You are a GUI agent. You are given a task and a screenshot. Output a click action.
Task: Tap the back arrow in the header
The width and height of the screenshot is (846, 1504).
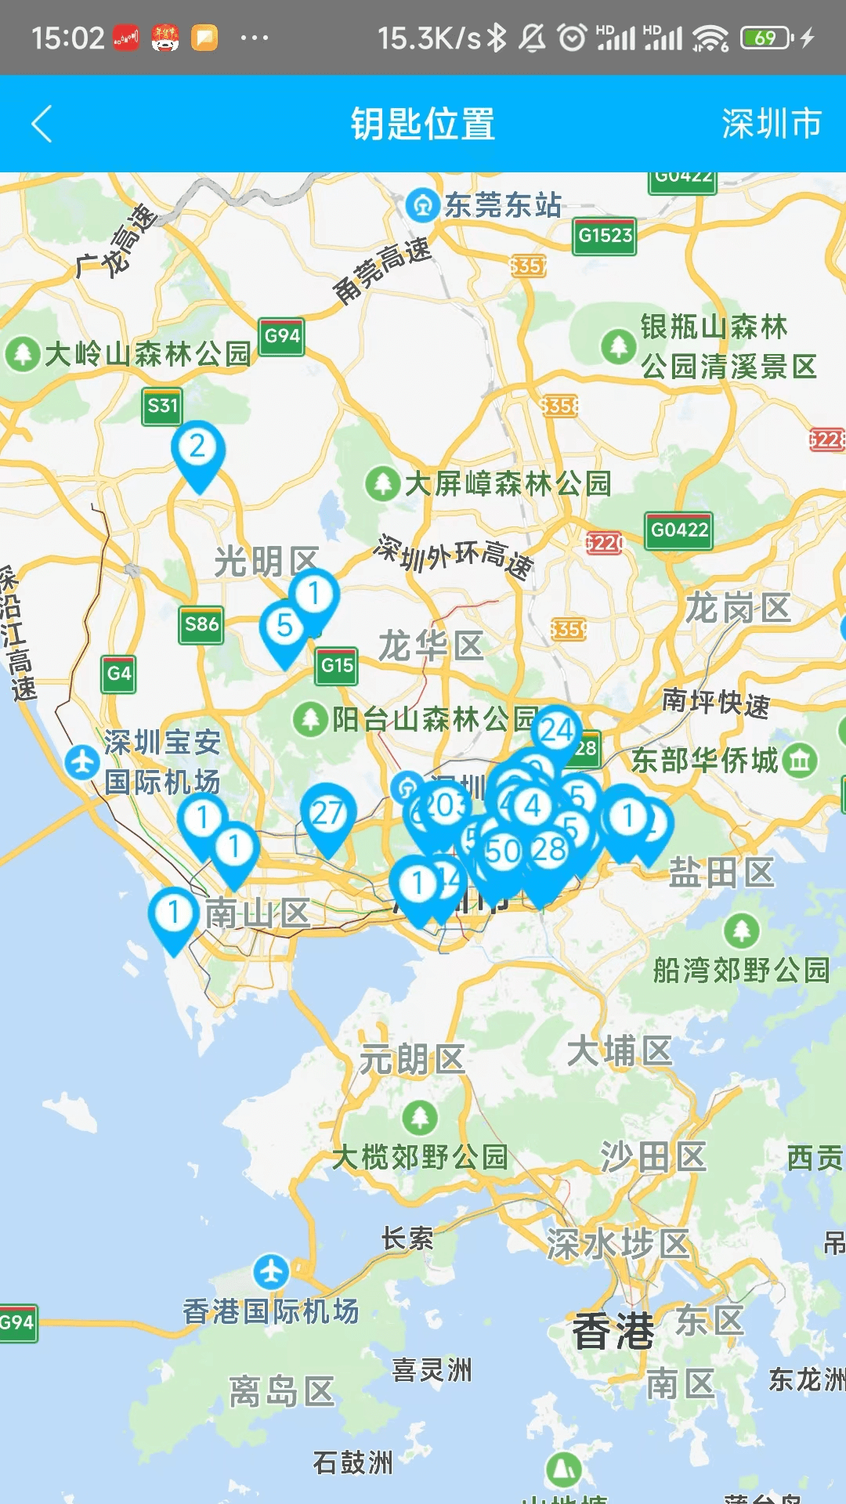click(42, 124)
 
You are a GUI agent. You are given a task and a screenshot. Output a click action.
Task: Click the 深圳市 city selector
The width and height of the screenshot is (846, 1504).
click(771, 124)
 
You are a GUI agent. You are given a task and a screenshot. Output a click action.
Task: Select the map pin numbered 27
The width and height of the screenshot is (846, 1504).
click(327, 815)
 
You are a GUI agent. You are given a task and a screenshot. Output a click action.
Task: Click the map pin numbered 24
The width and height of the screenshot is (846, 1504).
click(557, 731)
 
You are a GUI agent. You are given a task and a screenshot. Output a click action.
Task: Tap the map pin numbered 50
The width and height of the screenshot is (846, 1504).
click(503, 852)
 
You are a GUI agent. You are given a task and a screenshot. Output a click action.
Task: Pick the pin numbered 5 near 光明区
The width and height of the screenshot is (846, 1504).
click(284, 627)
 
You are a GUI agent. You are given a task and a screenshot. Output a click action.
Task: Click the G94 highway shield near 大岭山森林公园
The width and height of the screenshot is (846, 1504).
click(282, 337)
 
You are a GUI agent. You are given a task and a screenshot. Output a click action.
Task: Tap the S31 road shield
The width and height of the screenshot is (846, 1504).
click(162, 406)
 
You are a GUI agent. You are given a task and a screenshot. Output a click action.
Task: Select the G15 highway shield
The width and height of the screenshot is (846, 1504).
click(337, 666)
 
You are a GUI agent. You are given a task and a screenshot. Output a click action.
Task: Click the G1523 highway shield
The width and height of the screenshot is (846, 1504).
click(605, 235)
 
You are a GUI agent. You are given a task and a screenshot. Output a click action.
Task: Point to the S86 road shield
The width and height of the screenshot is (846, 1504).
click(201, 624)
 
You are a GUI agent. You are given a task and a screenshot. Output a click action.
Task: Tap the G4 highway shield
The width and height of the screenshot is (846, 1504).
click(119, 674)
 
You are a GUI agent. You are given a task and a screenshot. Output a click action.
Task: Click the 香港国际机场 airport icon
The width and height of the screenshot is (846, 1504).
click(271, 1271)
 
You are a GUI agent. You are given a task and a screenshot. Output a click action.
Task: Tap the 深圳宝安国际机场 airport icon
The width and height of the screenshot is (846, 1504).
click(82, 762)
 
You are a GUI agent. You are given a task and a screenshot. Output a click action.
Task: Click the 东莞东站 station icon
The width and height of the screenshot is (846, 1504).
click(424, 206)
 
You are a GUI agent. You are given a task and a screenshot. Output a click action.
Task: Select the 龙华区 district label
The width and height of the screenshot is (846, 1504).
click(431, 647)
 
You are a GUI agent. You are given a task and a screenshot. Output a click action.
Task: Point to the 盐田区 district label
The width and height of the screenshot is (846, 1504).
click(721, 873)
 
